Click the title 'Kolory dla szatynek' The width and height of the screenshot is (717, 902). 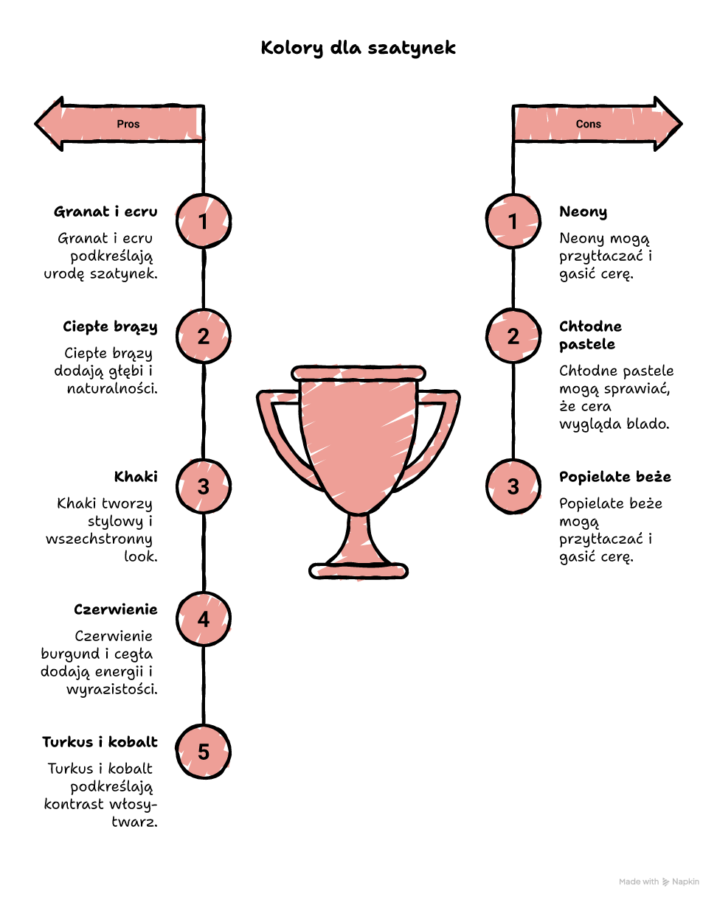tap(358, 48)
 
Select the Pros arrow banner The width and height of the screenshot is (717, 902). tap(119, 124)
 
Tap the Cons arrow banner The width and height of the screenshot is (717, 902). tap(597, 124)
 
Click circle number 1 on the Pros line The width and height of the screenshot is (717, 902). tap(204, 221)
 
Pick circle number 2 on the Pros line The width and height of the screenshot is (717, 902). tap(204, 336)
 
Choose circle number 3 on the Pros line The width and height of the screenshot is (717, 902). tap(204, 486)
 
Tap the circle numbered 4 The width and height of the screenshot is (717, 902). tap(204, 619)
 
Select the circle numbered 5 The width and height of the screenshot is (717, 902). tap(204, 751)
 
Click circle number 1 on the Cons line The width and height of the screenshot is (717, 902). tap(513, 221)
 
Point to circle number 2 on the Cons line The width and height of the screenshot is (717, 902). tap(513, 336)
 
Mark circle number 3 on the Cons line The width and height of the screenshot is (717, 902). tap(513, 486)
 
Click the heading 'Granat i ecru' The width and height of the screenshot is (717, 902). tap(105, 211)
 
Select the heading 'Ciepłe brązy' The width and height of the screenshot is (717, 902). tap(111, 327)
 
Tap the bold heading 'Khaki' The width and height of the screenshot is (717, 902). tap(136, 477)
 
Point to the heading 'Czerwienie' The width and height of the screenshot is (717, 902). tap(116, 609)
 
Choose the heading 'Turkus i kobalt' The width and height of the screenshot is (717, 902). tap(100, 741)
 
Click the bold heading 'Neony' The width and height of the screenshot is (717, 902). tap(583, 212)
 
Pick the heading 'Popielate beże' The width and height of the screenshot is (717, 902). tap(615, 477)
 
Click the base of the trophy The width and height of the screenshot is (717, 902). tap(358, 571)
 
